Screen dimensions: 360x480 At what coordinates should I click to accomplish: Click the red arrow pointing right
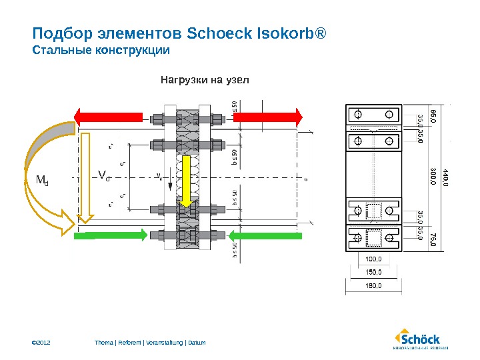267,117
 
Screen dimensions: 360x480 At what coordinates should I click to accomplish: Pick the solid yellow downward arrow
187,180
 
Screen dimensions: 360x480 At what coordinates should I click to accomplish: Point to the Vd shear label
103,175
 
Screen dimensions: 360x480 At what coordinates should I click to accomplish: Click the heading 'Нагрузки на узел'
204,81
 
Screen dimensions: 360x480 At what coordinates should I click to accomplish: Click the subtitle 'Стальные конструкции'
101,51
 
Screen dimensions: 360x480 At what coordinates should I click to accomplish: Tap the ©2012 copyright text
42,343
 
